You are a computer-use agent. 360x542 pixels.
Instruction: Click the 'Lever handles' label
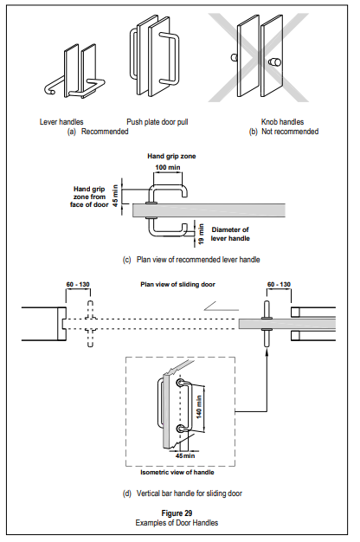(x=61, y=122)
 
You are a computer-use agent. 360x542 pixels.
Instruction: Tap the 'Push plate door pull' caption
(x=157, y=122)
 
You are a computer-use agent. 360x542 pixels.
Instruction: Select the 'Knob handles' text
(x=282, y=122)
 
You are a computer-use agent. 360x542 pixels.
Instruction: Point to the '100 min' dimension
(x=168, y=168)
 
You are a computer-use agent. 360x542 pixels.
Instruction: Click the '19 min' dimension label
(x=202, y=235)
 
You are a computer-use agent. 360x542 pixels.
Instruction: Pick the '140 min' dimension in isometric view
(x=199, y=407)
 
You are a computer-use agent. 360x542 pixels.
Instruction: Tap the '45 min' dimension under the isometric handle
(x=185, y=456)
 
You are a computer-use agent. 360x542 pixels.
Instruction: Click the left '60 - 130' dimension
(x=78, y=285)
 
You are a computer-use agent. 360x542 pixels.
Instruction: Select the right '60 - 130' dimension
(x=279, y=285)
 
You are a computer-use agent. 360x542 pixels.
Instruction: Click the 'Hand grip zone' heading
(x=171, y=156)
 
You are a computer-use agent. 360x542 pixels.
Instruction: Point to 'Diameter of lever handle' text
(x=230, y=234)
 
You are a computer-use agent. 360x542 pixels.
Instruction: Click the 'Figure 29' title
(x=177, y=513)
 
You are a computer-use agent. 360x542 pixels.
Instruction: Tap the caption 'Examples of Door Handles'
(x=177, y=523)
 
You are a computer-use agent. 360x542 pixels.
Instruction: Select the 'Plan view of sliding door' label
(x=177, y=285)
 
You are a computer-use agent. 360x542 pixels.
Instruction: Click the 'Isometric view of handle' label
(x=177, y=472)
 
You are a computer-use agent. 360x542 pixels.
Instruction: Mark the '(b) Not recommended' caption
(x=284, y=132)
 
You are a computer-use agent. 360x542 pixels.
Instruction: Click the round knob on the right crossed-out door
(x=274, y=62)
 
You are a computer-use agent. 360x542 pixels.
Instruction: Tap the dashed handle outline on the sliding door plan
(x=90, y=324)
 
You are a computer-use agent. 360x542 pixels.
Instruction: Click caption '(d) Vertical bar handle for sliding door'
(x=182, y=494)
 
